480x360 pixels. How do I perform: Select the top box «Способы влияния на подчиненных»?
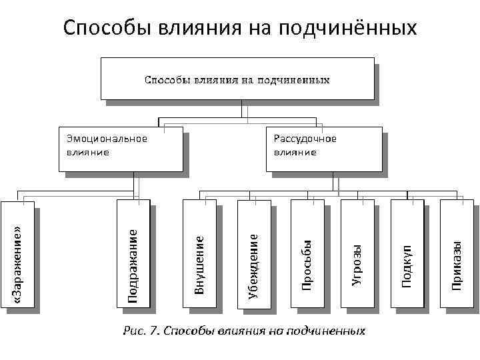[x=237, y=79]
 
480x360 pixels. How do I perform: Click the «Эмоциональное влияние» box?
[x=120, y=148]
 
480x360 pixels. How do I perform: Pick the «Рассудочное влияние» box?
[x=325, y=148]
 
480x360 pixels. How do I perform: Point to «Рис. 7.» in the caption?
[x=141, y=331]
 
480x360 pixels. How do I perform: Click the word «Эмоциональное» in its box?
[x=107, y=139]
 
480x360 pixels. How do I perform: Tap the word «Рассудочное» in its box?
[x=305, y=139]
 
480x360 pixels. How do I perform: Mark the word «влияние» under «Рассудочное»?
[x=295, y=152]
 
